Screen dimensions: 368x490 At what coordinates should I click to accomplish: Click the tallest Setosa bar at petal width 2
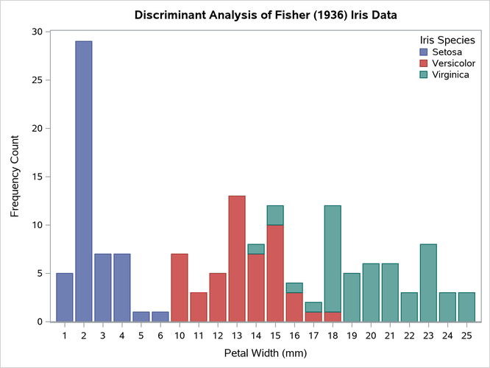pyautogui.click(x=84, y=181)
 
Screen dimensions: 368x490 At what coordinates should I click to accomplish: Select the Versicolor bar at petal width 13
pyautogui.click(x=237, y=258)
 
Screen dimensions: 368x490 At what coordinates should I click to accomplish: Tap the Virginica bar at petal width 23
pyautogui.click(x=428, y=283)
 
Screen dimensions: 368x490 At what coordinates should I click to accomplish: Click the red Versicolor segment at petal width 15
pyautogui.click(x=275, y=273)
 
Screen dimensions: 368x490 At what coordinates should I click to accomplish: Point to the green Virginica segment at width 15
pyautogui.click(x=275, y=215)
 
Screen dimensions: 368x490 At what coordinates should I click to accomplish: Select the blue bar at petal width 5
pyautogui.click(x=141, y=316)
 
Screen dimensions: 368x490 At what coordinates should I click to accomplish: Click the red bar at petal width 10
pyautogui.click(x=180, y=288)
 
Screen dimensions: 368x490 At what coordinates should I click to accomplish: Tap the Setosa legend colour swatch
pyautogui.click(x=423, y=52)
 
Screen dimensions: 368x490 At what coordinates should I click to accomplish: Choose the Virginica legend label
pyautogui.click(x=451, y=75)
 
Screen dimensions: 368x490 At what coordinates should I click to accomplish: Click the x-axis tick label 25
pyautogui.click(x=466, y=336)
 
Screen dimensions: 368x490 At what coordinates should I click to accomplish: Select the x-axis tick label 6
pyautogui.click(x=160, y=336)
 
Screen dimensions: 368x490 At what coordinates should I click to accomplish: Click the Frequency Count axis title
pyautogui.click(x=14, y=177)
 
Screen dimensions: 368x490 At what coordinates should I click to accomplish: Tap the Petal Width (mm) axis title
pyautogui.click(x=265, y=353)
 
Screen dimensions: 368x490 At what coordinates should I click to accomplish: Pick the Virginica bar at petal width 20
pyautogui.click(x=371, y=292)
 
